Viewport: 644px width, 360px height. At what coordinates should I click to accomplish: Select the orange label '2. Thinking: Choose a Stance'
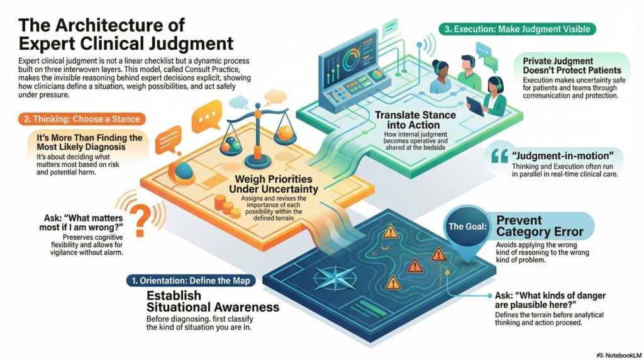click(80, 118)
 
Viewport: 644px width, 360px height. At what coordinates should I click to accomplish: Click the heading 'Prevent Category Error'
click(540, 226)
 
